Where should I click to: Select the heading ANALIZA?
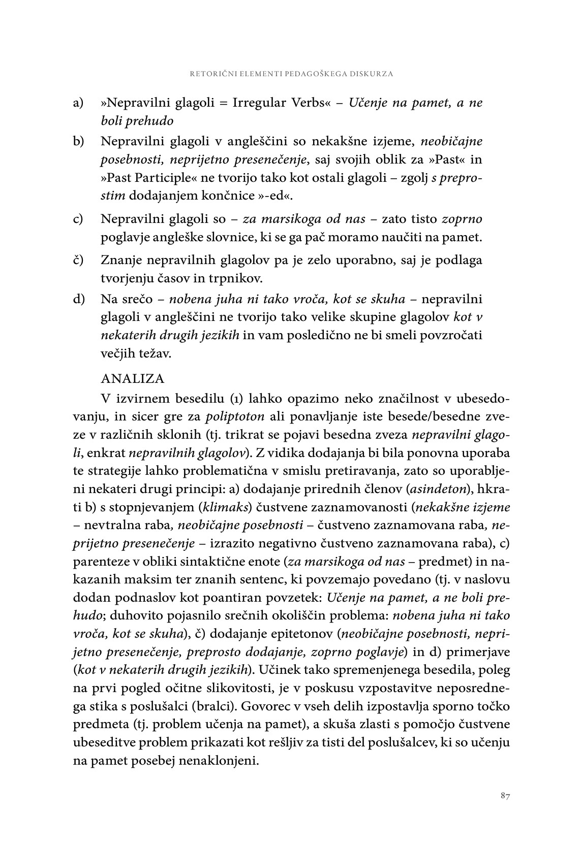point(133,379)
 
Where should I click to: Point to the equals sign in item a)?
point(222,104)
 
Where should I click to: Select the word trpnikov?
point(250,279)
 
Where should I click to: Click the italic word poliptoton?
point(235,417)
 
